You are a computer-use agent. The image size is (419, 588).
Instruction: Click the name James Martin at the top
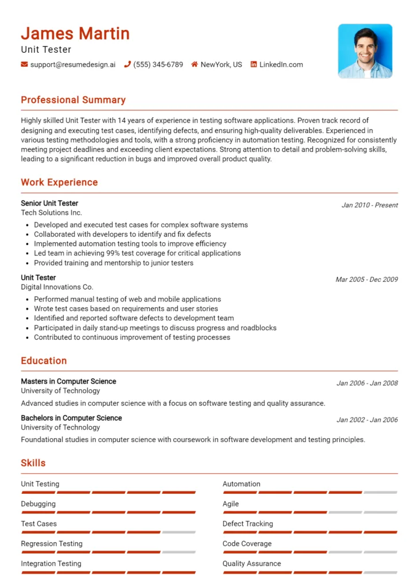click(x=75, y=33)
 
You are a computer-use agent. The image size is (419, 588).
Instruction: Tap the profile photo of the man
click(x=364, y=51)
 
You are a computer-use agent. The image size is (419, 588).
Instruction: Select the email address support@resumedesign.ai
click(x=72, y=65)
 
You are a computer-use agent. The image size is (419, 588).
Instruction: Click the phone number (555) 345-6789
click(x=158, y=65)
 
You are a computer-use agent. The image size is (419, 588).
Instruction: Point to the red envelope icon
click(x=24, y=65)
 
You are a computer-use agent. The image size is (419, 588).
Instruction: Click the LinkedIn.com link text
click(x=281, y=65)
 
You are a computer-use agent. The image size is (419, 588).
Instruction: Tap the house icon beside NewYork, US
click(x=195, y=65)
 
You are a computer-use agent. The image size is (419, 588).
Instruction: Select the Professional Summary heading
click(x=73, y=100)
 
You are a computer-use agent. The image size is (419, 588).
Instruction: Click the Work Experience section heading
click(x=59, y=183)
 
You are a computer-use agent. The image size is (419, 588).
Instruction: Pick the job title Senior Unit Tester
click(x=49, y=203)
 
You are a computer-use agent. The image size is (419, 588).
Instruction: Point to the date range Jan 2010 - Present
click(x=369, y=205)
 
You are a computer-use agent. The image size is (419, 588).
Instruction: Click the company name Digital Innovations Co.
click(x=57, y=287)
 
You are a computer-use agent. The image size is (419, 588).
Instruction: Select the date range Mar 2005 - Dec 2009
click(x=366, y=280)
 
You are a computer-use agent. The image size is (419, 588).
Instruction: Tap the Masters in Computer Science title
click(x=68, y=381)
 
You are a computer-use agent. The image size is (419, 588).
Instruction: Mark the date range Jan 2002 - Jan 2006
click(x=367, y=420)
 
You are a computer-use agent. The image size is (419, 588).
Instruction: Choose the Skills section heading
click(x=33, y=463)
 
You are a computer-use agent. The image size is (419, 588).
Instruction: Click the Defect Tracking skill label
click(x=247, y=524)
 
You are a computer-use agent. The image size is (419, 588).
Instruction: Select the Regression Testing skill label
click(x=52, y=544)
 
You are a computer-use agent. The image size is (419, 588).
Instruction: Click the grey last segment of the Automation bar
click(x=380, y=493)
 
